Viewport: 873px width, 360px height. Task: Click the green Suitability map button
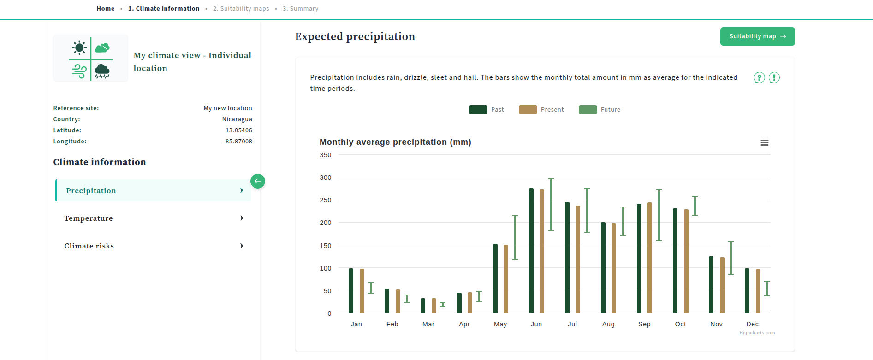[x=757, y=36]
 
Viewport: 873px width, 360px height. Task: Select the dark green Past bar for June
[x=531, y=251]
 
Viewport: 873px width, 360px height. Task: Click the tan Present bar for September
[x=650, y=258]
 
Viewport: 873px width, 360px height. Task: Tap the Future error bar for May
[x=515, y=237]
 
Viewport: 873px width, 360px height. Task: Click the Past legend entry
[x=487, y=110]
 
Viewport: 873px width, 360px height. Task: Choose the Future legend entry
[x=600, y=110]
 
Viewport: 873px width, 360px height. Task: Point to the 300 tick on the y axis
[x=326, y=177]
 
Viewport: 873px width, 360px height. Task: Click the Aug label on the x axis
[x=608, y=324]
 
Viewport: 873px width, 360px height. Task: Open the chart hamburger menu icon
[x=764, y=143]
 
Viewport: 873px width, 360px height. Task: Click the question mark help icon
[x=759, y=78]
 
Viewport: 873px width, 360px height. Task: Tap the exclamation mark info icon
[x=774, y=78]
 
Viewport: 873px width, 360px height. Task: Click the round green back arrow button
[x=258, y=181]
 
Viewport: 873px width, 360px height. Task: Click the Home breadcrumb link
[x=106, y=9]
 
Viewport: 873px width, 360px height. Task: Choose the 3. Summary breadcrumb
[x=300, y=9]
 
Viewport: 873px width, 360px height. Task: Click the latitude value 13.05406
[x=238, y=130]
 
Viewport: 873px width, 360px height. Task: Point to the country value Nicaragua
[x=237, y=119]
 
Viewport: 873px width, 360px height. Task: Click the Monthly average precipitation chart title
[x=395, y=142]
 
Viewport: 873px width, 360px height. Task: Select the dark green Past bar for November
[x=711, y=285]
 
